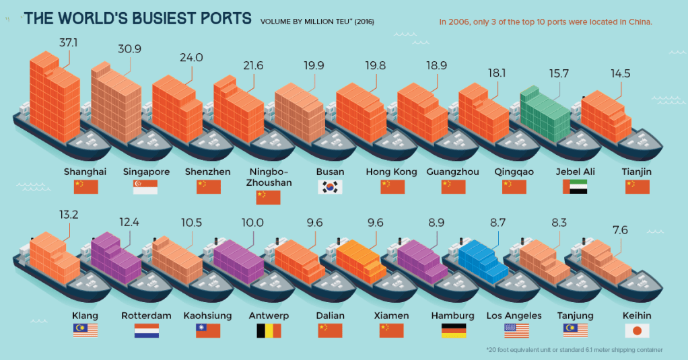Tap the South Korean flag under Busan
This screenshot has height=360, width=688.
tap(330, 187)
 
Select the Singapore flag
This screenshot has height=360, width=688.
tap(145, 187)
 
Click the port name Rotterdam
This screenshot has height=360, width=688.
tap(146, 315)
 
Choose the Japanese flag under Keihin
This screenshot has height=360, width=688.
tap(636, 330)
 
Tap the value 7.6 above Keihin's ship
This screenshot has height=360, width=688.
tap(620, 230)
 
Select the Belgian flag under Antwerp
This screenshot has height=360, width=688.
tap(269, 330)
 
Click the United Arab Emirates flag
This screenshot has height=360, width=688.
tap(575, 187)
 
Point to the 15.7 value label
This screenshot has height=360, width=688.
tap(557, 73)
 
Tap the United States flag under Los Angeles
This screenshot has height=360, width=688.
tap(516, 330)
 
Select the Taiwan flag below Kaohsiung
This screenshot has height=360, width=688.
tap(207, 330)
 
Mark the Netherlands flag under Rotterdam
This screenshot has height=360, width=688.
tap(146, 330)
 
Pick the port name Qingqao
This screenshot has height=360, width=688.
tap(514, 172)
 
